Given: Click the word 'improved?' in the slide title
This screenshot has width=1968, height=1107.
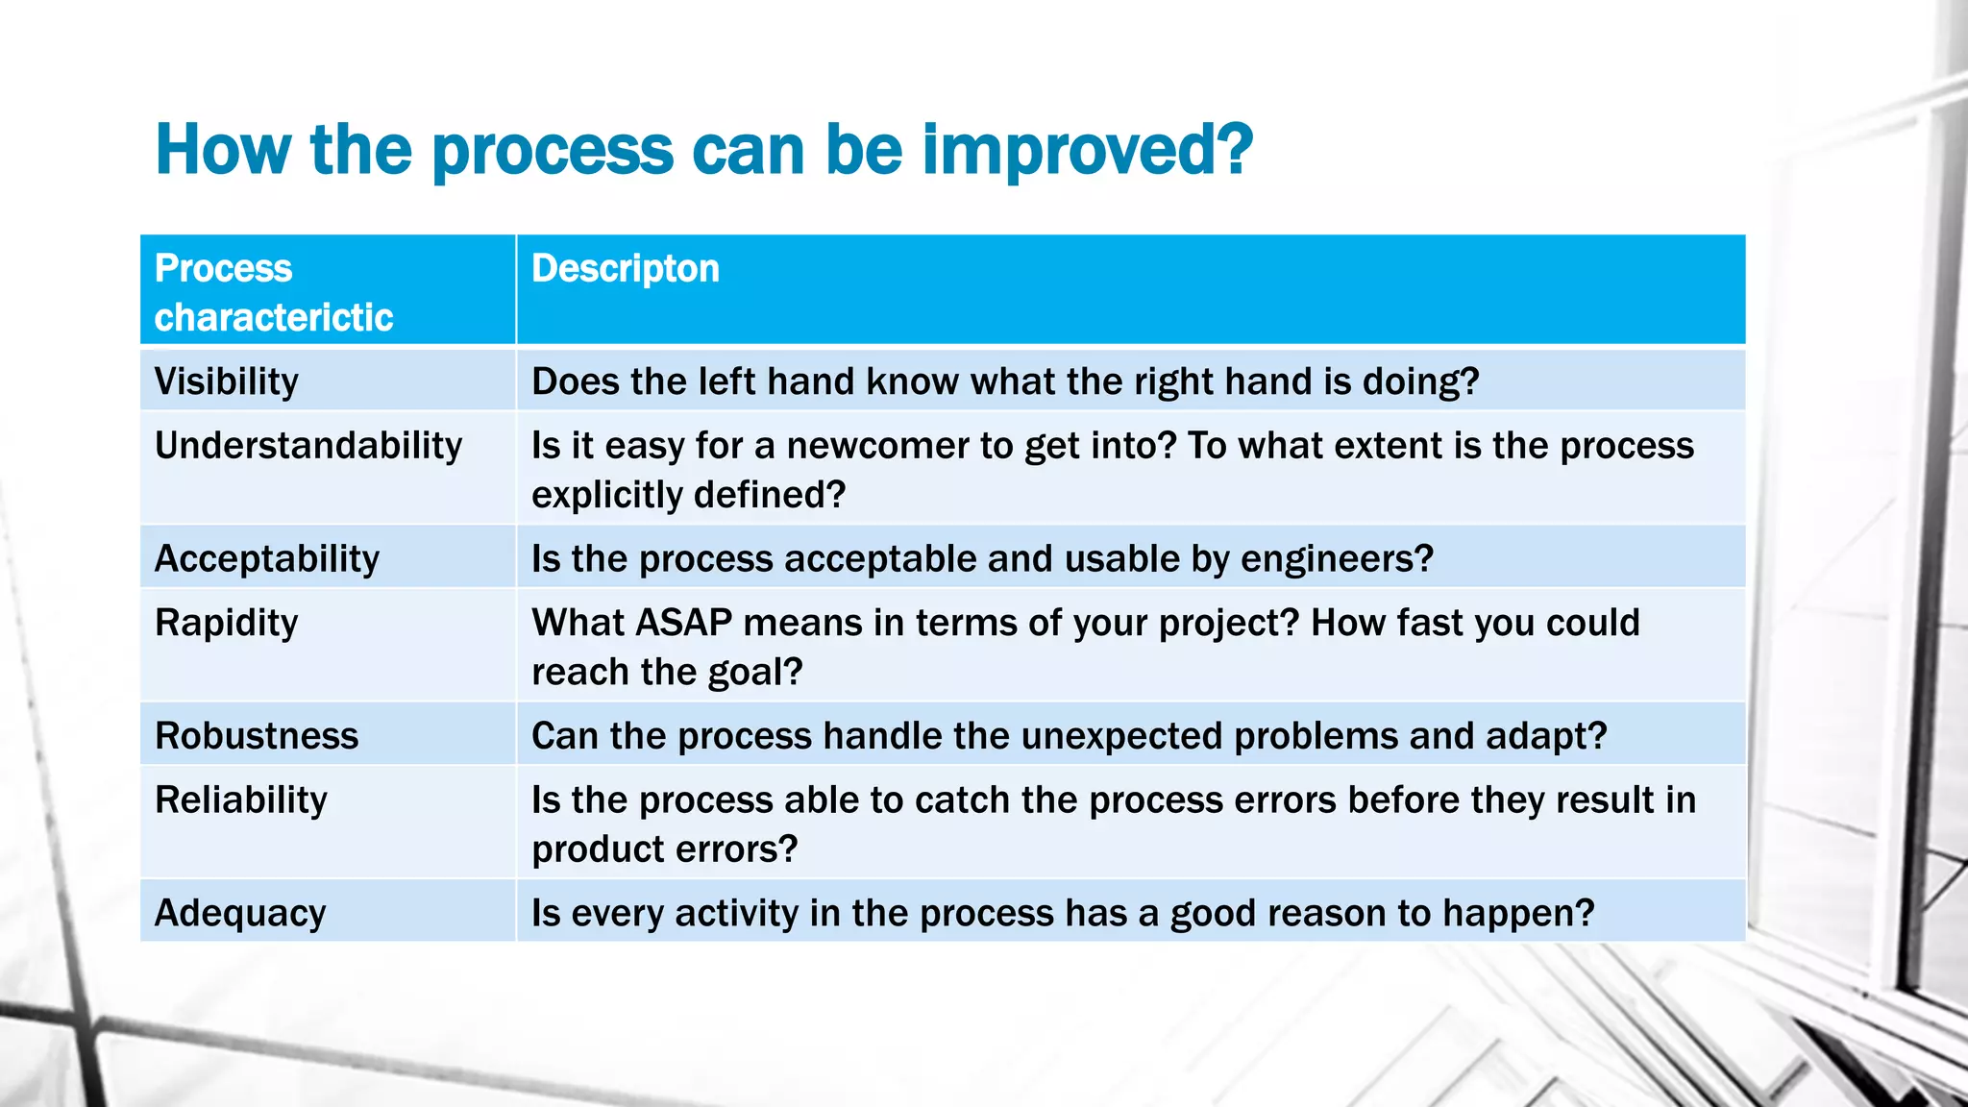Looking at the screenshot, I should click(1087, 152).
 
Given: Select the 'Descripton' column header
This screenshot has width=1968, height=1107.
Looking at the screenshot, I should click(625, 269).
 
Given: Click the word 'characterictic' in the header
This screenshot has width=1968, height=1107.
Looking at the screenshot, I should click(274, 318).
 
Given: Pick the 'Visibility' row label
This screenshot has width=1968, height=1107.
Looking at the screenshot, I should click(227, 381).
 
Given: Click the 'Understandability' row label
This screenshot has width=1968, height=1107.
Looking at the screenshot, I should click(308, 446).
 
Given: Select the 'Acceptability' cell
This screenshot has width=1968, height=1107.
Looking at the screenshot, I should click(267, 559).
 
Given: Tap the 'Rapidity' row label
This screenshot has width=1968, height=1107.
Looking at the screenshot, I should click(227, 623).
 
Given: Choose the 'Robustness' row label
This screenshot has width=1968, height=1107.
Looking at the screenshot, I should click(257, 736).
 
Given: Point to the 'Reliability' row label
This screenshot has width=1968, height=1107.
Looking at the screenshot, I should click(241, 799).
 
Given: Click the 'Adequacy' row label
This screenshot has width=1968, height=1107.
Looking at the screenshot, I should click(240, 913).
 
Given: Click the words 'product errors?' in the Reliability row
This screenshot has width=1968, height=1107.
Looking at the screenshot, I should click(664, 849).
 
